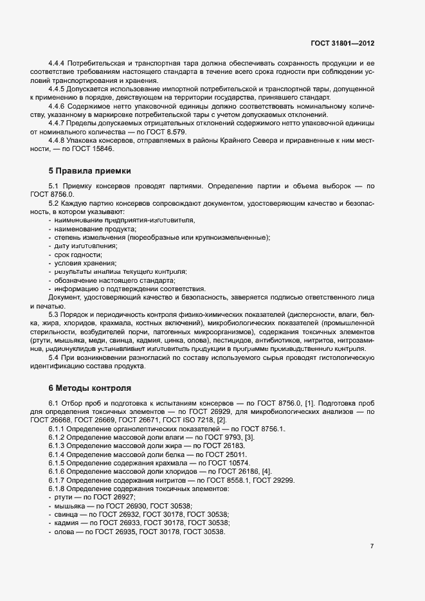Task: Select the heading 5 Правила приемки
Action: pyautogui.click(x=89, y=171)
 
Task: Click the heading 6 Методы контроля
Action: pyautogui.click(x=89, y=388)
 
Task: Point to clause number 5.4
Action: pyautogui.click(x=54, y=357)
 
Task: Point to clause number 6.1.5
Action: pyautogui.click(x=58, y=463)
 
